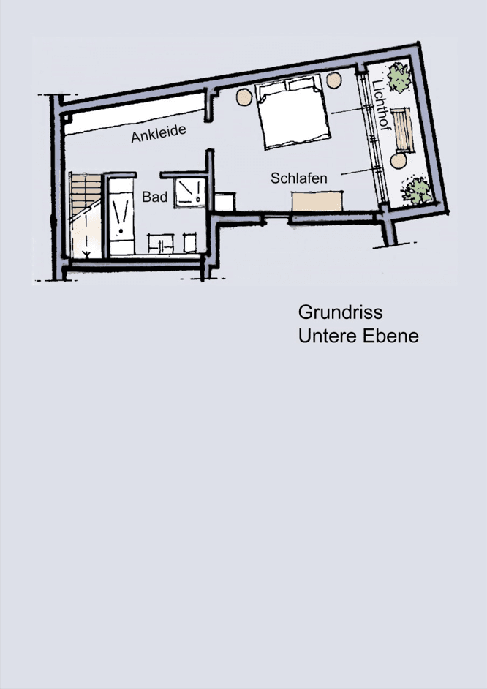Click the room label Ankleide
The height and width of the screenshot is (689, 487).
tap(159, 133)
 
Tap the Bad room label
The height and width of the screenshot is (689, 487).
tap(155, 197)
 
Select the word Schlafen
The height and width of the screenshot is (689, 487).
tap(298, 178)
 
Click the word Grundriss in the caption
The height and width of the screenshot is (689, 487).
tap(340, 312)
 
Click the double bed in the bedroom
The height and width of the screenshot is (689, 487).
tap(291, 114)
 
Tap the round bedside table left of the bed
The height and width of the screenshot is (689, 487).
tap(243, 95)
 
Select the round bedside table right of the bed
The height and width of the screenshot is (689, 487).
tap(334, 80)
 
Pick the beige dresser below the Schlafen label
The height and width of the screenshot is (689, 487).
tap(317, 201)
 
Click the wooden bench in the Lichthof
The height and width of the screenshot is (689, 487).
tap(401, 129)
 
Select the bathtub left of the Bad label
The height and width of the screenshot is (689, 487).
tap(119, 212)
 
